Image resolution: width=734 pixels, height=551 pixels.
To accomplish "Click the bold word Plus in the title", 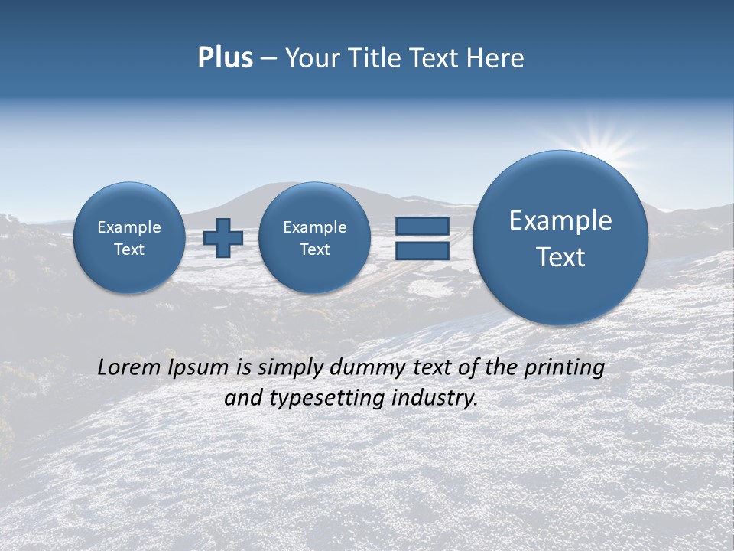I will click(225, 58).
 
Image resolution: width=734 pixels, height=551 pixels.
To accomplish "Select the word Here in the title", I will click(496, 58).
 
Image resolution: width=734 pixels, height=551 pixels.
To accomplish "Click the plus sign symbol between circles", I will click(223, 238).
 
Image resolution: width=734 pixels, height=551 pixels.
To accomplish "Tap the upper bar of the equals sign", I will click(422, 226).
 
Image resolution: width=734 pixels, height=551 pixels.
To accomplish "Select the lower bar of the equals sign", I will click(422, 251).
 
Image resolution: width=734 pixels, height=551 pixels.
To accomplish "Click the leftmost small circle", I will click(129, 238).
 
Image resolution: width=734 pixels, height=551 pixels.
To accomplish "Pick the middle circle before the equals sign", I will click(314, 238).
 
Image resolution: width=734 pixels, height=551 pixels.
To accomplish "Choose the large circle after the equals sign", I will click(560, 238).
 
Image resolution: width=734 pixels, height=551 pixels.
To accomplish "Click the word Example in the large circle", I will click(560, 220).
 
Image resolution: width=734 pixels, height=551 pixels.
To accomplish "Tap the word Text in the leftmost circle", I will click(129, 249).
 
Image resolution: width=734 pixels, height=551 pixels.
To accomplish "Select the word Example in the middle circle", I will click(314, 227).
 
